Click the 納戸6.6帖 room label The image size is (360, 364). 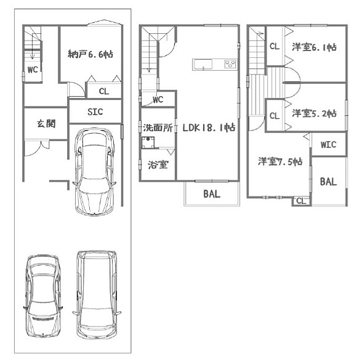coord(90,54)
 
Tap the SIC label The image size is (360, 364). coord(95,112)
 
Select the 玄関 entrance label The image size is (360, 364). coord(46,124)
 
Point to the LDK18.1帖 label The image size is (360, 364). coord(209,127)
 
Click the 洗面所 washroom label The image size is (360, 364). coord(158,127)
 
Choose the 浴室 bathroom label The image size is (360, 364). coord(158,165)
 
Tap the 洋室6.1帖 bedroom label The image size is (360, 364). coord(314,47)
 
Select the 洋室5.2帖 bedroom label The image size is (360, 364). coord(314,113)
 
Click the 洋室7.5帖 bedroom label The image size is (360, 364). coord(280,161)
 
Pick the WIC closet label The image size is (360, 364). coord(329,145)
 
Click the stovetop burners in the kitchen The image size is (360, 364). coord(230,64)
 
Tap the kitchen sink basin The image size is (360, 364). coord(202,64)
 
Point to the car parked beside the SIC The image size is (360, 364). coord(94,171)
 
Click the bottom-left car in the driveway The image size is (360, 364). coord(43,296)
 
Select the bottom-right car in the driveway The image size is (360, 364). coord(97,295)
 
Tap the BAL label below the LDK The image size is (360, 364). coord(212,194)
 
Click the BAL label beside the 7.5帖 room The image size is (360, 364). coord(329,182)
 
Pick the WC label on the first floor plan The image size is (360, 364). coord(33,70)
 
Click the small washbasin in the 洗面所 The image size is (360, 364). coord(148,142)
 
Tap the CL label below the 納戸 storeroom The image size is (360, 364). coord(104,91)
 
